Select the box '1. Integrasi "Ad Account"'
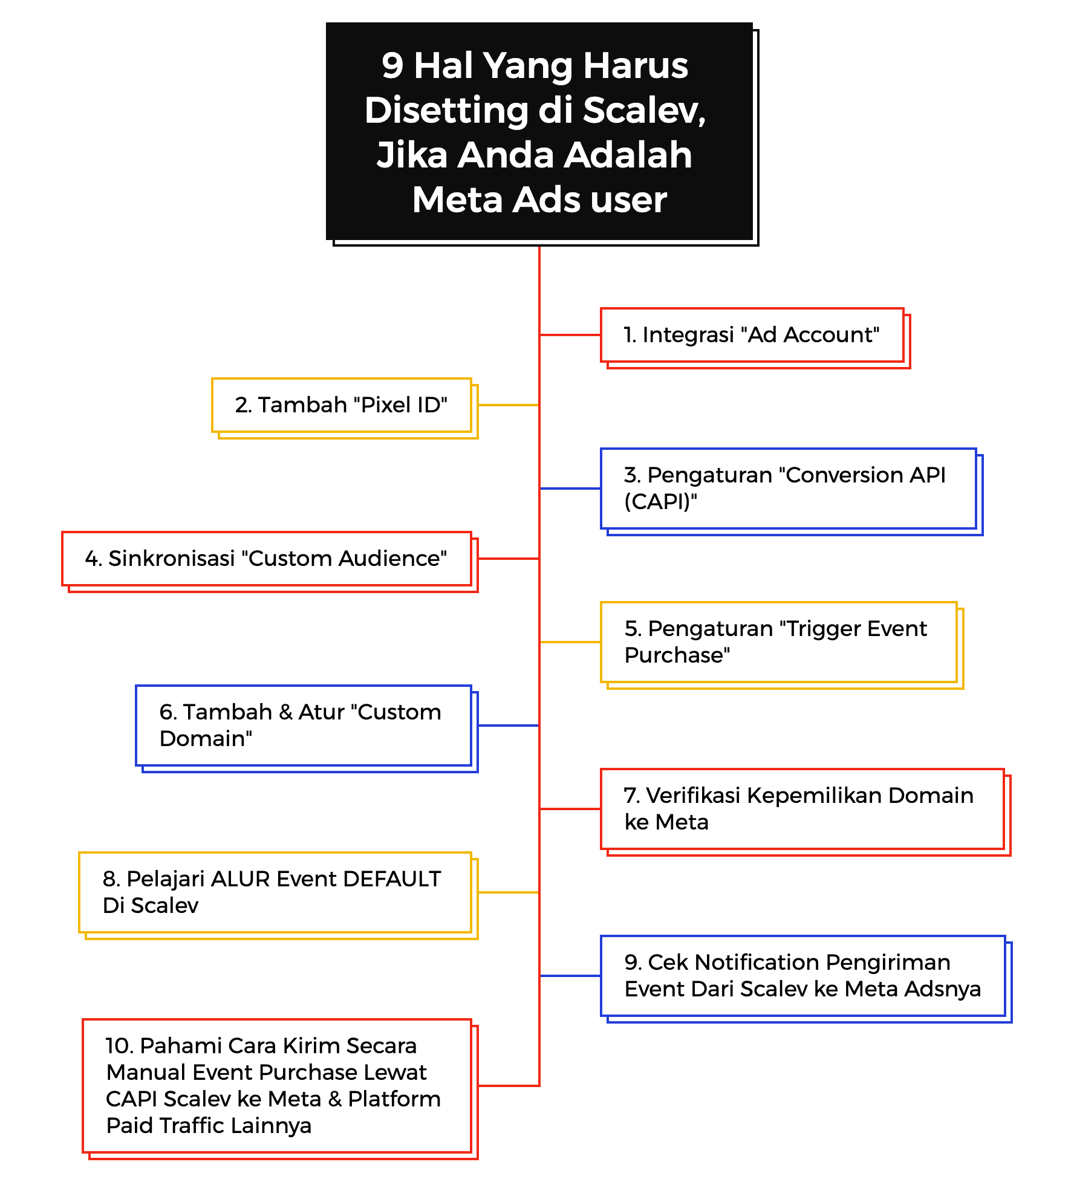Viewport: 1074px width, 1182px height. (x=752, y=335)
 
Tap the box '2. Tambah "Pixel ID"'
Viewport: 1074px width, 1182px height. (x=341, y=405)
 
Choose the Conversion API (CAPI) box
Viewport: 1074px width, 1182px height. (x=788, y=489)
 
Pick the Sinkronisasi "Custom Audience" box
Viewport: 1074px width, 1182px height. (x=266, y=559)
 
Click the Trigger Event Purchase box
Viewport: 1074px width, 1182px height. (x=778, y=642)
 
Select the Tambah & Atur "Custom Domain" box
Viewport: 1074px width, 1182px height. (x=303, y=726)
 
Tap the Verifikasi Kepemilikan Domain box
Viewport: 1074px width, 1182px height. (x=802, y=809)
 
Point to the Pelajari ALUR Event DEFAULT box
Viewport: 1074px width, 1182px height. (x=275, y=892)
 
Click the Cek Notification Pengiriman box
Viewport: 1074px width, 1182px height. (x=802, y=976)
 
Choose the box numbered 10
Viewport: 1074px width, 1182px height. (x=276, y=1086)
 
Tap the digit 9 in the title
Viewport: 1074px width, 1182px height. (x=392, y=66)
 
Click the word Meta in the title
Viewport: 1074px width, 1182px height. (x=457, y=200)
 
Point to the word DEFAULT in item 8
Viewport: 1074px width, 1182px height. (x=392, y=879)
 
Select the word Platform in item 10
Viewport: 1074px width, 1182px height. (x=394, y=1099)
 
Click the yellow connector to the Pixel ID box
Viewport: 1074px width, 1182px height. (x=508, y=405)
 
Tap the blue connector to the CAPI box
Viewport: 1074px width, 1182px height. (x=570, y=489)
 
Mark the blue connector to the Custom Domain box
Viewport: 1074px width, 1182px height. (x=508, y=726)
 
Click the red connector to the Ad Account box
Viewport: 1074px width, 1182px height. (x=570, y=335)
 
